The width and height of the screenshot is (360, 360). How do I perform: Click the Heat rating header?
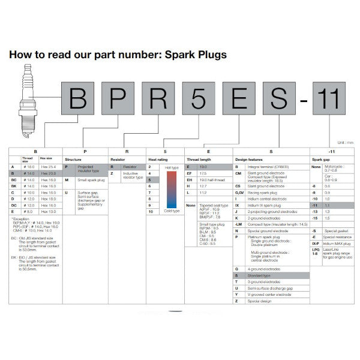[x=157, y=160]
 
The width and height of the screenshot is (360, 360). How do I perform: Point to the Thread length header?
[x=199, y=160]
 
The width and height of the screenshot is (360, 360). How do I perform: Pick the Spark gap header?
[x=320, y=160]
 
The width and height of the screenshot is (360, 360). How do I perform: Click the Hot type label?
[x=172, y=167]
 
